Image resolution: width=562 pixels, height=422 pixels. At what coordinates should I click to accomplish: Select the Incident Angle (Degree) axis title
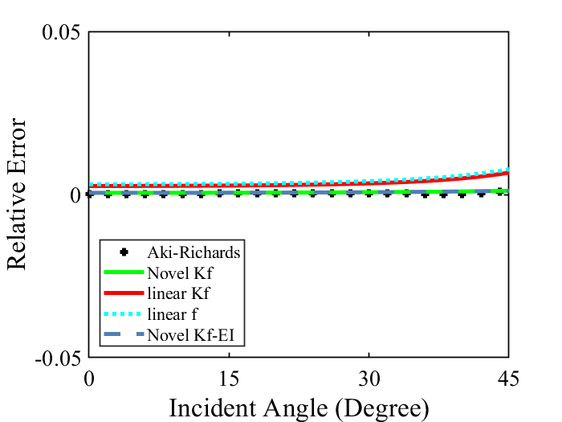pos(298,408)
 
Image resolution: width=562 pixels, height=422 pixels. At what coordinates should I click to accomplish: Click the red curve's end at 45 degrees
pos(507,173)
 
